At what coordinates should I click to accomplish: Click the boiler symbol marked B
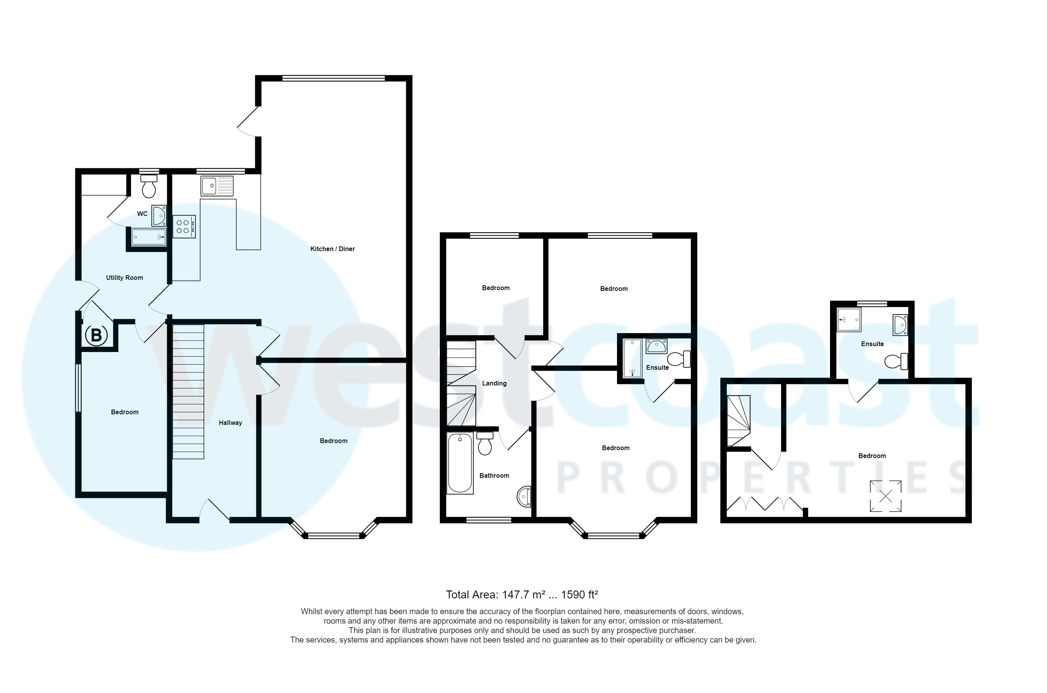pos(96,335)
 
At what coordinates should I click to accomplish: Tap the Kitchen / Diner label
pos(332,249)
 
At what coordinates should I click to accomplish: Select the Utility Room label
pos(124,278)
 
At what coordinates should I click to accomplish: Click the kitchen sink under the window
pos(217,186)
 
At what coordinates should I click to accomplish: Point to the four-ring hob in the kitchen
pos(183,227)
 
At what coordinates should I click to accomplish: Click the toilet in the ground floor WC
pos(149,186)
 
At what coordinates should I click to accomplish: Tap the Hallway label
pos(230,423)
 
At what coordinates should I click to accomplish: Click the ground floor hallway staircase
pos(188,391)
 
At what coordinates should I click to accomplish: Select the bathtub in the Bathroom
pos(460,463)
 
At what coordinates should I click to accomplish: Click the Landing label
pos(494,383)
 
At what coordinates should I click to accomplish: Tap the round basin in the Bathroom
pos(524,497)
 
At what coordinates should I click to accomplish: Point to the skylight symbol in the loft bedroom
pos(886,496)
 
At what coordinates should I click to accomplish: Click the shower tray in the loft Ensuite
pos(849,320)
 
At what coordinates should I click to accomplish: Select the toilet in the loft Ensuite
pos(896,361)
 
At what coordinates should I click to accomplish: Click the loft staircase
pos(739,420)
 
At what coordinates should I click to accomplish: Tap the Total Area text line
pos(522,594)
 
